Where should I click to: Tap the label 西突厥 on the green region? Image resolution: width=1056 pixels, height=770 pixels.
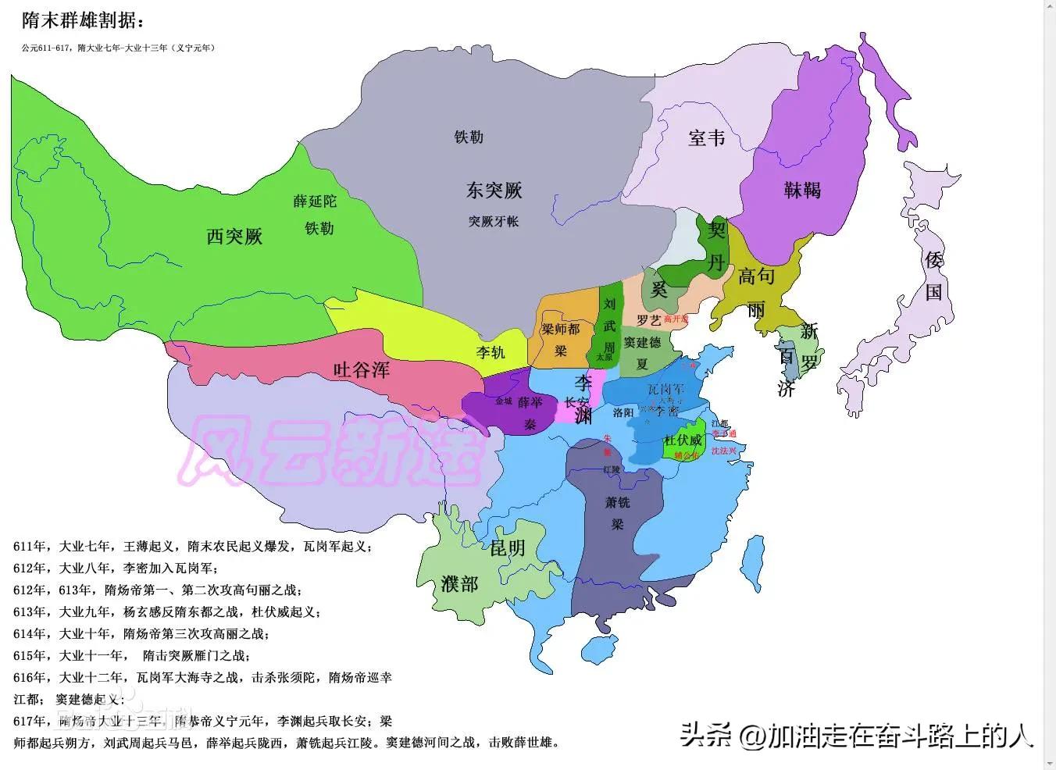(x=234, y=236)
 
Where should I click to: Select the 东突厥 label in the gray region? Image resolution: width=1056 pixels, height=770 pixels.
(x=494, y=190)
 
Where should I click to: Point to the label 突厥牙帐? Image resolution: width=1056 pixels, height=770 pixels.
(x=494, y=221)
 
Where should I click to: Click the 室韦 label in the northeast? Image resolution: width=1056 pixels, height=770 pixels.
(x=706, y=138)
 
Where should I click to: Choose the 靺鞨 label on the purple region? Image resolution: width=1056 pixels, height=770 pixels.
(x=802, y=189)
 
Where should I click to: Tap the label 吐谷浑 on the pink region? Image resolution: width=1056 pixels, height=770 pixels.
(x=361, y=369)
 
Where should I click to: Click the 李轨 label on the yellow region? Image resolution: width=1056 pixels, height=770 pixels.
(x=491, y=352)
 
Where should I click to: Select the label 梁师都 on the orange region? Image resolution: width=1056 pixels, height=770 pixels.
(x=561, y=330)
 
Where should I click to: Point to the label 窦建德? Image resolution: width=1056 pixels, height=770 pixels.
(x=642, y=342)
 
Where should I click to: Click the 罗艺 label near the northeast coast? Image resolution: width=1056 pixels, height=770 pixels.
(x=648, y=319)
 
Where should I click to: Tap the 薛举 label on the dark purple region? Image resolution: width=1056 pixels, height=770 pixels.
(x=530, y=402)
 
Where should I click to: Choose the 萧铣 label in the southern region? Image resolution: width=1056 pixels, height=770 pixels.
(x=617, y=502)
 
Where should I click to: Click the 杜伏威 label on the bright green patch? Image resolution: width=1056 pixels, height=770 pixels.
(x=683, y=440)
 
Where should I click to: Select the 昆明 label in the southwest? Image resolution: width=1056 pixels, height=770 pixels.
(x=507, y=548)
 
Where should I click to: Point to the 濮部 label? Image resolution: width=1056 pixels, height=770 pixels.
(x=458, y=583)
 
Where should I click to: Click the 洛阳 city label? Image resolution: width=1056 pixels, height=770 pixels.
(x=623, y=412)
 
